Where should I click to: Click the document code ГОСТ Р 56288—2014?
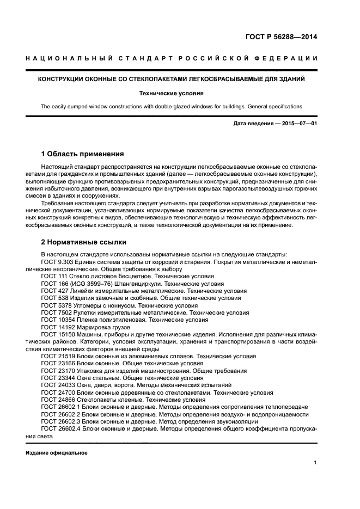click(x=280, y=38)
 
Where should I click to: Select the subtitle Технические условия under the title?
click(x=171, y=93)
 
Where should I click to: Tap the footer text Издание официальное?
click(x=56, y=453)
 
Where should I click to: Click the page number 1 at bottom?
click(x=315, y=463)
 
